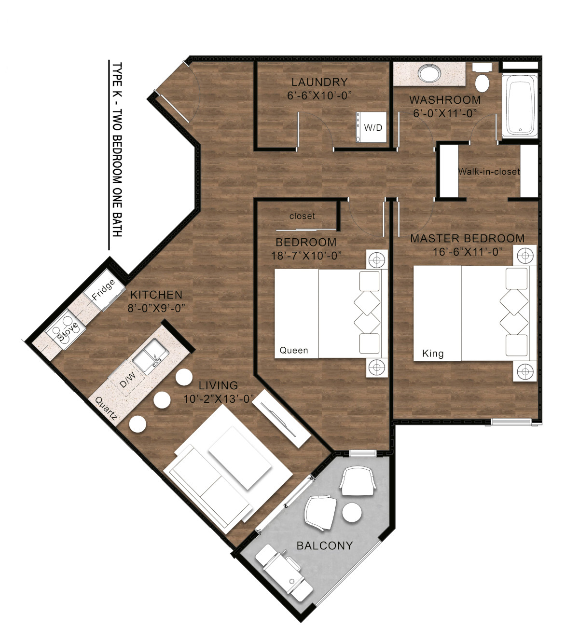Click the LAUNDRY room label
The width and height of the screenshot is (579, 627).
[x=319, y=82]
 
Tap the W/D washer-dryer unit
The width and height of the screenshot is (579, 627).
[x=372, y=127]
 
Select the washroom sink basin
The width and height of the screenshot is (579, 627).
[x=429, y=74]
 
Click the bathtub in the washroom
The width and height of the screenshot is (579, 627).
[x=520, y=106]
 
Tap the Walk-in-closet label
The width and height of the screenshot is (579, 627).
[x=489, y=171]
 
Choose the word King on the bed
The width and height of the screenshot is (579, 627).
[x=433, y=353]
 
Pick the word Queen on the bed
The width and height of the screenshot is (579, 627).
[x=294, y=350]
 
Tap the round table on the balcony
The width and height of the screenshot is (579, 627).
[x=352, y=512]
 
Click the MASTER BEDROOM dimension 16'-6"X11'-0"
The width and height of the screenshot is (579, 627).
[x=467, y=252]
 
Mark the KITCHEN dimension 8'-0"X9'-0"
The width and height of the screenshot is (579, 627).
[x=156, y=308]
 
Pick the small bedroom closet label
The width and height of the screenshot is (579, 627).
[x=302, y=216]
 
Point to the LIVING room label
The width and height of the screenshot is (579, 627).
[x=218, y=385]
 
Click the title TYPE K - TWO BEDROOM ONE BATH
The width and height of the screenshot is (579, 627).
[x=117, y=150]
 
